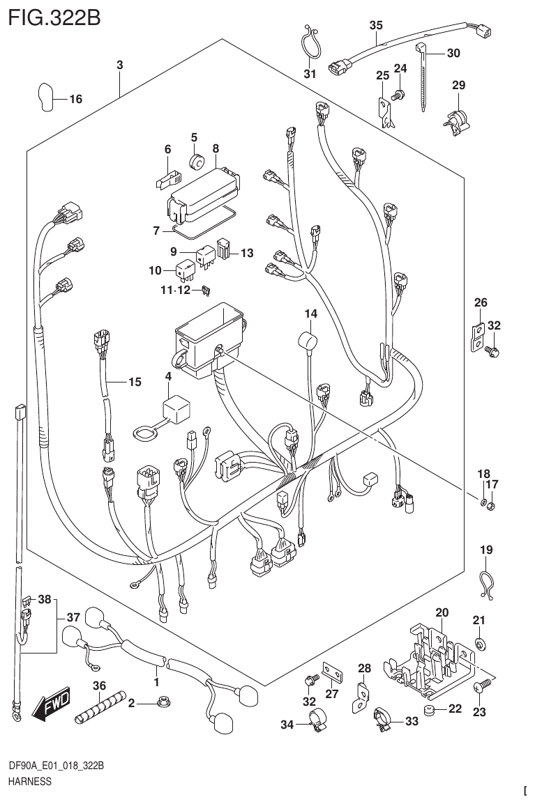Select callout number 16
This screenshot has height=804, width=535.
pyautogui.click(x=75, y=100)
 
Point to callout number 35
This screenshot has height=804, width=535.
pyautogui.click(x=375, y=25)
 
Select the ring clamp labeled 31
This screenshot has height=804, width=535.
pyautogui.click(x=309, y=46)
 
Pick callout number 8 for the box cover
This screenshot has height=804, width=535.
pyautogui.click(x=216, y=148)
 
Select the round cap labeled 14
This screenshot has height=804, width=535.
pyautogui.click(x=306, y=342)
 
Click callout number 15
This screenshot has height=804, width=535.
pyautogui.click(x=134, y=382)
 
